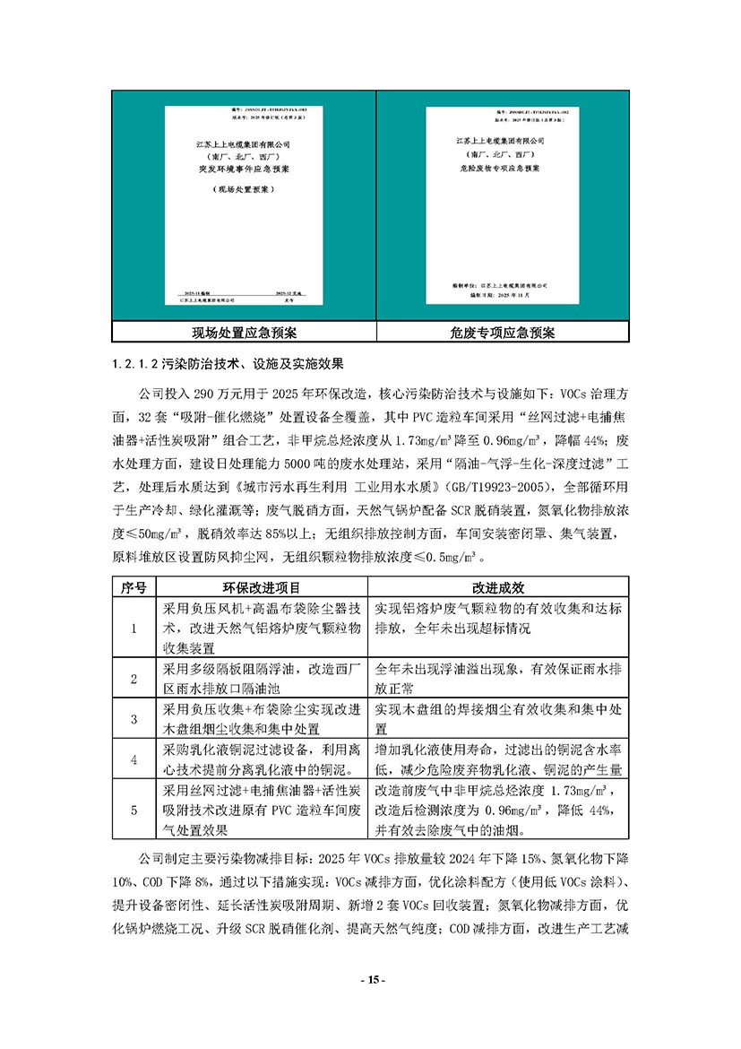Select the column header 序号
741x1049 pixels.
tap(133, 587)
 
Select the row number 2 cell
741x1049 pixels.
tap(133, 679)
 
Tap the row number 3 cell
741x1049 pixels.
tap(133, 719)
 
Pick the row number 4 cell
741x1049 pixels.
tap(133, 760)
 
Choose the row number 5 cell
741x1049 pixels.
tap(133, 811)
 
